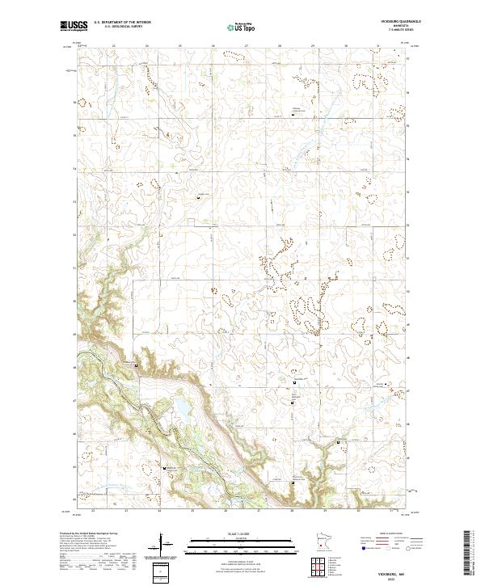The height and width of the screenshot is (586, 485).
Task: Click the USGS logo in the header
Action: [73, 27]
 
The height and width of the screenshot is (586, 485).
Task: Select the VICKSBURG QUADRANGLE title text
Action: [394, 22]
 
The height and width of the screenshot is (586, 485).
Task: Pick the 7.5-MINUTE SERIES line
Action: [394, 31]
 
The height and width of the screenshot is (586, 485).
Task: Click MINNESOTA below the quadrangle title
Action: [394, 27]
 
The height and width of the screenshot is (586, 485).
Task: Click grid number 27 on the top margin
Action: [246, 45]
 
